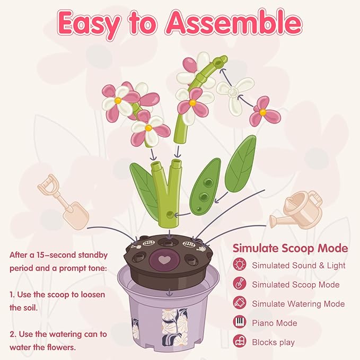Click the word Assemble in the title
coord(234,23)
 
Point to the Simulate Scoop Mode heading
coord(291,248)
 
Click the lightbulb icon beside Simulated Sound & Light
coord(240,265)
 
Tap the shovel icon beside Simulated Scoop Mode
coord(240,284)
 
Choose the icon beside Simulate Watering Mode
coord(240,304)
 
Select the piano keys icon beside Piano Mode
coord(240,323)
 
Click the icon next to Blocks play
coord(240,342)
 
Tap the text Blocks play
coord(273,342)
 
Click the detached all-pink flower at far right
coord(264,112)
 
